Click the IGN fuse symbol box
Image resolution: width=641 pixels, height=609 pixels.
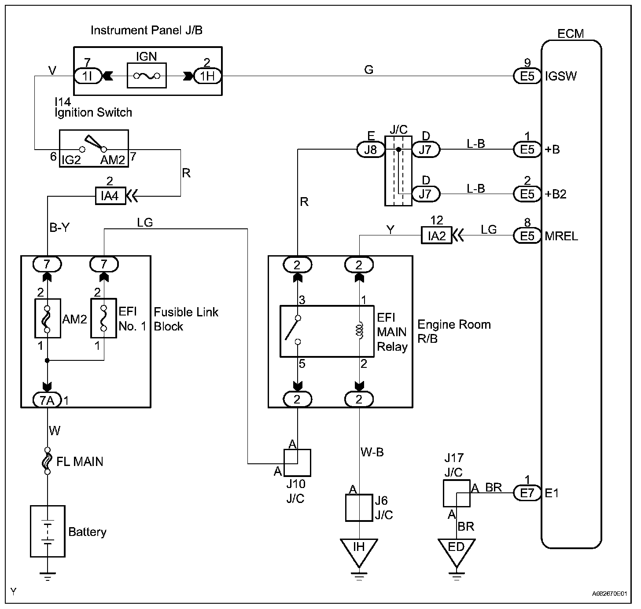[x=147, y=76]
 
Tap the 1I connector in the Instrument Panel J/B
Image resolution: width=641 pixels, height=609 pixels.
[x=87, y=76]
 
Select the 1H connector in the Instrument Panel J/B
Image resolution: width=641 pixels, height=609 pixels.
[x=207, y=76]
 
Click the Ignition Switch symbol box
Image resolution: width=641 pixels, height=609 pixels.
[x=94, y=148]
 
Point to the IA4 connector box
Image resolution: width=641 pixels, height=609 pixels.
[x=110, y=195]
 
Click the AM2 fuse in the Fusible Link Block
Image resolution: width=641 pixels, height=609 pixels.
[x=48, y=318]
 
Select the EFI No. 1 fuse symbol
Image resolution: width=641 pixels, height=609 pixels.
[x=103, y=318]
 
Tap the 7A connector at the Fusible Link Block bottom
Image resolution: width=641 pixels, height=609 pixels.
[x=48, y=400]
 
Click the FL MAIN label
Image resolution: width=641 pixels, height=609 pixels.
[x=80, y=462]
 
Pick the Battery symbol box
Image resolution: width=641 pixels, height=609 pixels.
[x=48, y=531]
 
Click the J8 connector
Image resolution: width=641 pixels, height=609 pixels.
[x=371, y=150]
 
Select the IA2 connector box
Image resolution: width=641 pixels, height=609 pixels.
[x=437, y=236]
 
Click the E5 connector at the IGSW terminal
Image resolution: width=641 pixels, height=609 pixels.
[x=527, y=76]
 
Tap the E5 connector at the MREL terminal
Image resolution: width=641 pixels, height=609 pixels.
[x=527, y=236]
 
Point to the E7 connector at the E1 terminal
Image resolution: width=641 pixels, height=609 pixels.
[x=527, y=493]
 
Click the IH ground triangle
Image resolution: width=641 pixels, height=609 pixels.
[x=359, y=550]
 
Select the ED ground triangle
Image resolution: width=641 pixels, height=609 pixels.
[x=457, y=550]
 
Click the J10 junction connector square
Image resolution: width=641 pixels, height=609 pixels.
[x=298, y=462]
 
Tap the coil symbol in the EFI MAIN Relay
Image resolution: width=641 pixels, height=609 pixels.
[x=360, y=331]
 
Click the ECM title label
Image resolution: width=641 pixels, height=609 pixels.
[x=571, y=34]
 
